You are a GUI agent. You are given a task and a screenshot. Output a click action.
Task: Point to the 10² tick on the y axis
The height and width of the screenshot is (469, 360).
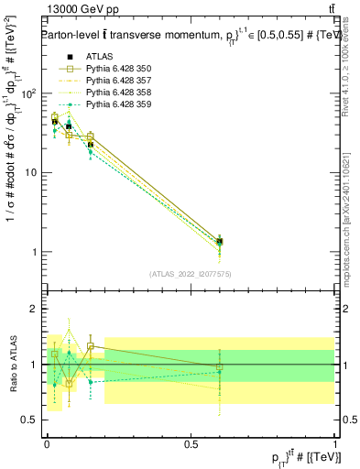click(29, 93)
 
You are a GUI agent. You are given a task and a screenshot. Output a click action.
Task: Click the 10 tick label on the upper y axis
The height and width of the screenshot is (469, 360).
click(32, 172)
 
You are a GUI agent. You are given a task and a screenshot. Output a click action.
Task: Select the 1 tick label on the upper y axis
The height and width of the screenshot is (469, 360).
click(35, 252)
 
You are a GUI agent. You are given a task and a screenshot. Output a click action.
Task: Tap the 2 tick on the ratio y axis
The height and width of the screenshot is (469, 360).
click(35, 309)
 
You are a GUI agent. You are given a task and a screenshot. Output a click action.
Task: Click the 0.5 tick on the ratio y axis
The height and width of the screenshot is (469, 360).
click(29, 420)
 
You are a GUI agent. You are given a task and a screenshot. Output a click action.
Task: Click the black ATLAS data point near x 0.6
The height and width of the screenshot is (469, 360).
click(219, 241)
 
